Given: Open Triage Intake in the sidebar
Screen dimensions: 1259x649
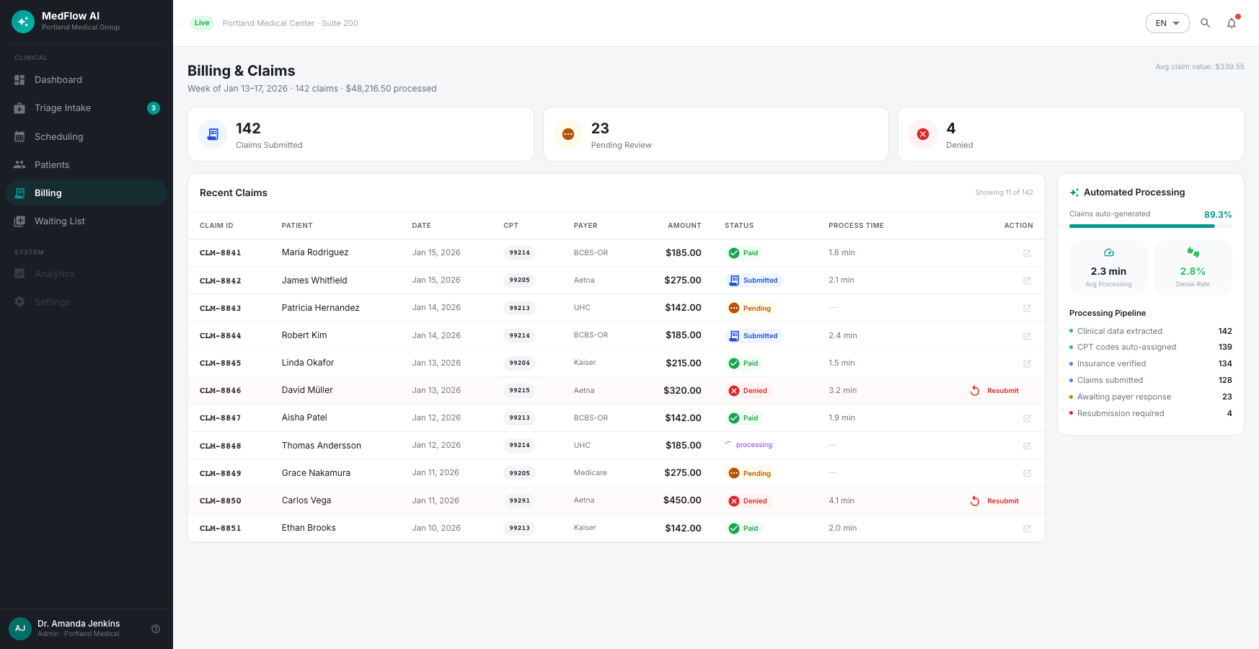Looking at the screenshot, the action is click(x=87, y=108).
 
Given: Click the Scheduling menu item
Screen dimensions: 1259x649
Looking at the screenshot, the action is click(x=87, y=136).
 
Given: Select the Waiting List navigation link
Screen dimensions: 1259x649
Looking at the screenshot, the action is click(x=87, y=221).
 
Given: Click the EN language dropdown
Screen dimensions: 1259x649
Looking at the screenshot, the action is click(x=1167, y=23).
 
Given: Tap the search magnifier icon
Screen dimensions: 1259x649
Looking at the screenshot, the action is click(x=1205, y=23).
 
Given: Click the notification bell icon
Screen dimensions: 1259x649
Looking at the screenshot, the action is click(x=1232, y=23).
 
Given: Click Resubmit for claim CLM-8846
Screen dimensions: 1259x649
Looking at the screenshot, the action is click(x=994, y=391).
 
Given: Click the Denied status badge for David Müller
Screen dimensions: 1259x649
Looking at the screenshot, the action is click(x=748, y=391).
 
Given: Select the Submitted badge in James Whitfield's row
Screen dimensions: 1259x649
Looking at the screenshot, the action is click(x=754, y=281).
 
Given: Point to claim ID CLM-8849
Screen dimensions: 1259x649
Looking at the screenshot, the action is click(x=221, y=474).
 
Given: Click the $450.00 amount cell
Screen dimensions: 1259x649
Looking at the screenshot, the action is click(x=682, y=500).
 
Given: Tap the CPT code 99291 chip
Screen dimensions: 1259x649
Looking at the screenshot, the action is click(x=519, y=500).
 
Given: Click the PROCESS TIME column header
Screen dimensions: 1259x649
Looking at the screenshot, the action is click(x=856, y=226).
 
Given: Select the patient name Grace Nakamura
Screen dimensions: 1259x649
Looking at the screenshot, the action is click(x=316, y=473).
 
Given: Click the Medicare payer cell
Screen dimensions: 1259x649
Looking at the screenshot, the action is click(x=591, y=473).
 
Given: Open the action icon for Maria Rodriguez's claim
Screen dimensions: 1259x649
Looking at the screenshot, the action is click(x=1027, y=253).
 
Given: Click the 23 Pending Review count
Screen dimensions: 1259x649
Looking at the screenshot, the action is click(x=600, y=128).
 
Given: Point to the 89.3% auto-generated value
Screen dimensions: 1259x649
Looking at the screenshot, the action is click(x=1218, y=215).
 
